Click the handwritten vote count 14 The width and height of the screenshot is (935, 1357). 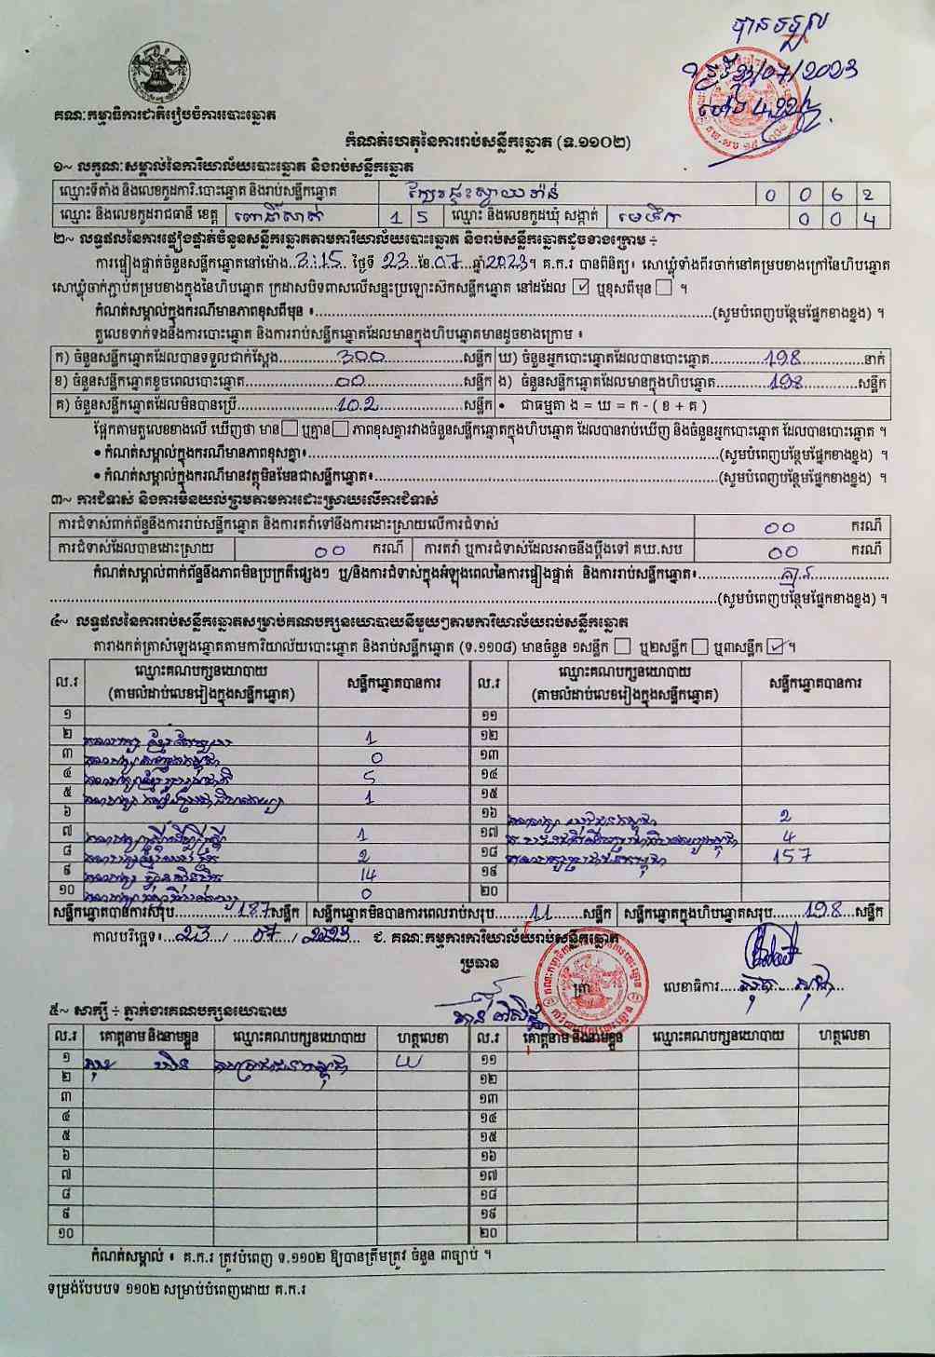click(369, 875)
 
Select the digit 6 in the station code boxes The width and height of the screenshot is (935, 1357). click(838, 196)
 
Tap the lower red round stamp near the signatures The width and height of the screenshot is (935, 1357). click(590, 987)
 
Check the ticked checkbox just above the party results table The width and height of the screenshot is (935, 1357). click(775, 647)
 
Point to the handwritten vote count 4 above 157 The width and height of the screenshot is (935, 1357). click(790, 836)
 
